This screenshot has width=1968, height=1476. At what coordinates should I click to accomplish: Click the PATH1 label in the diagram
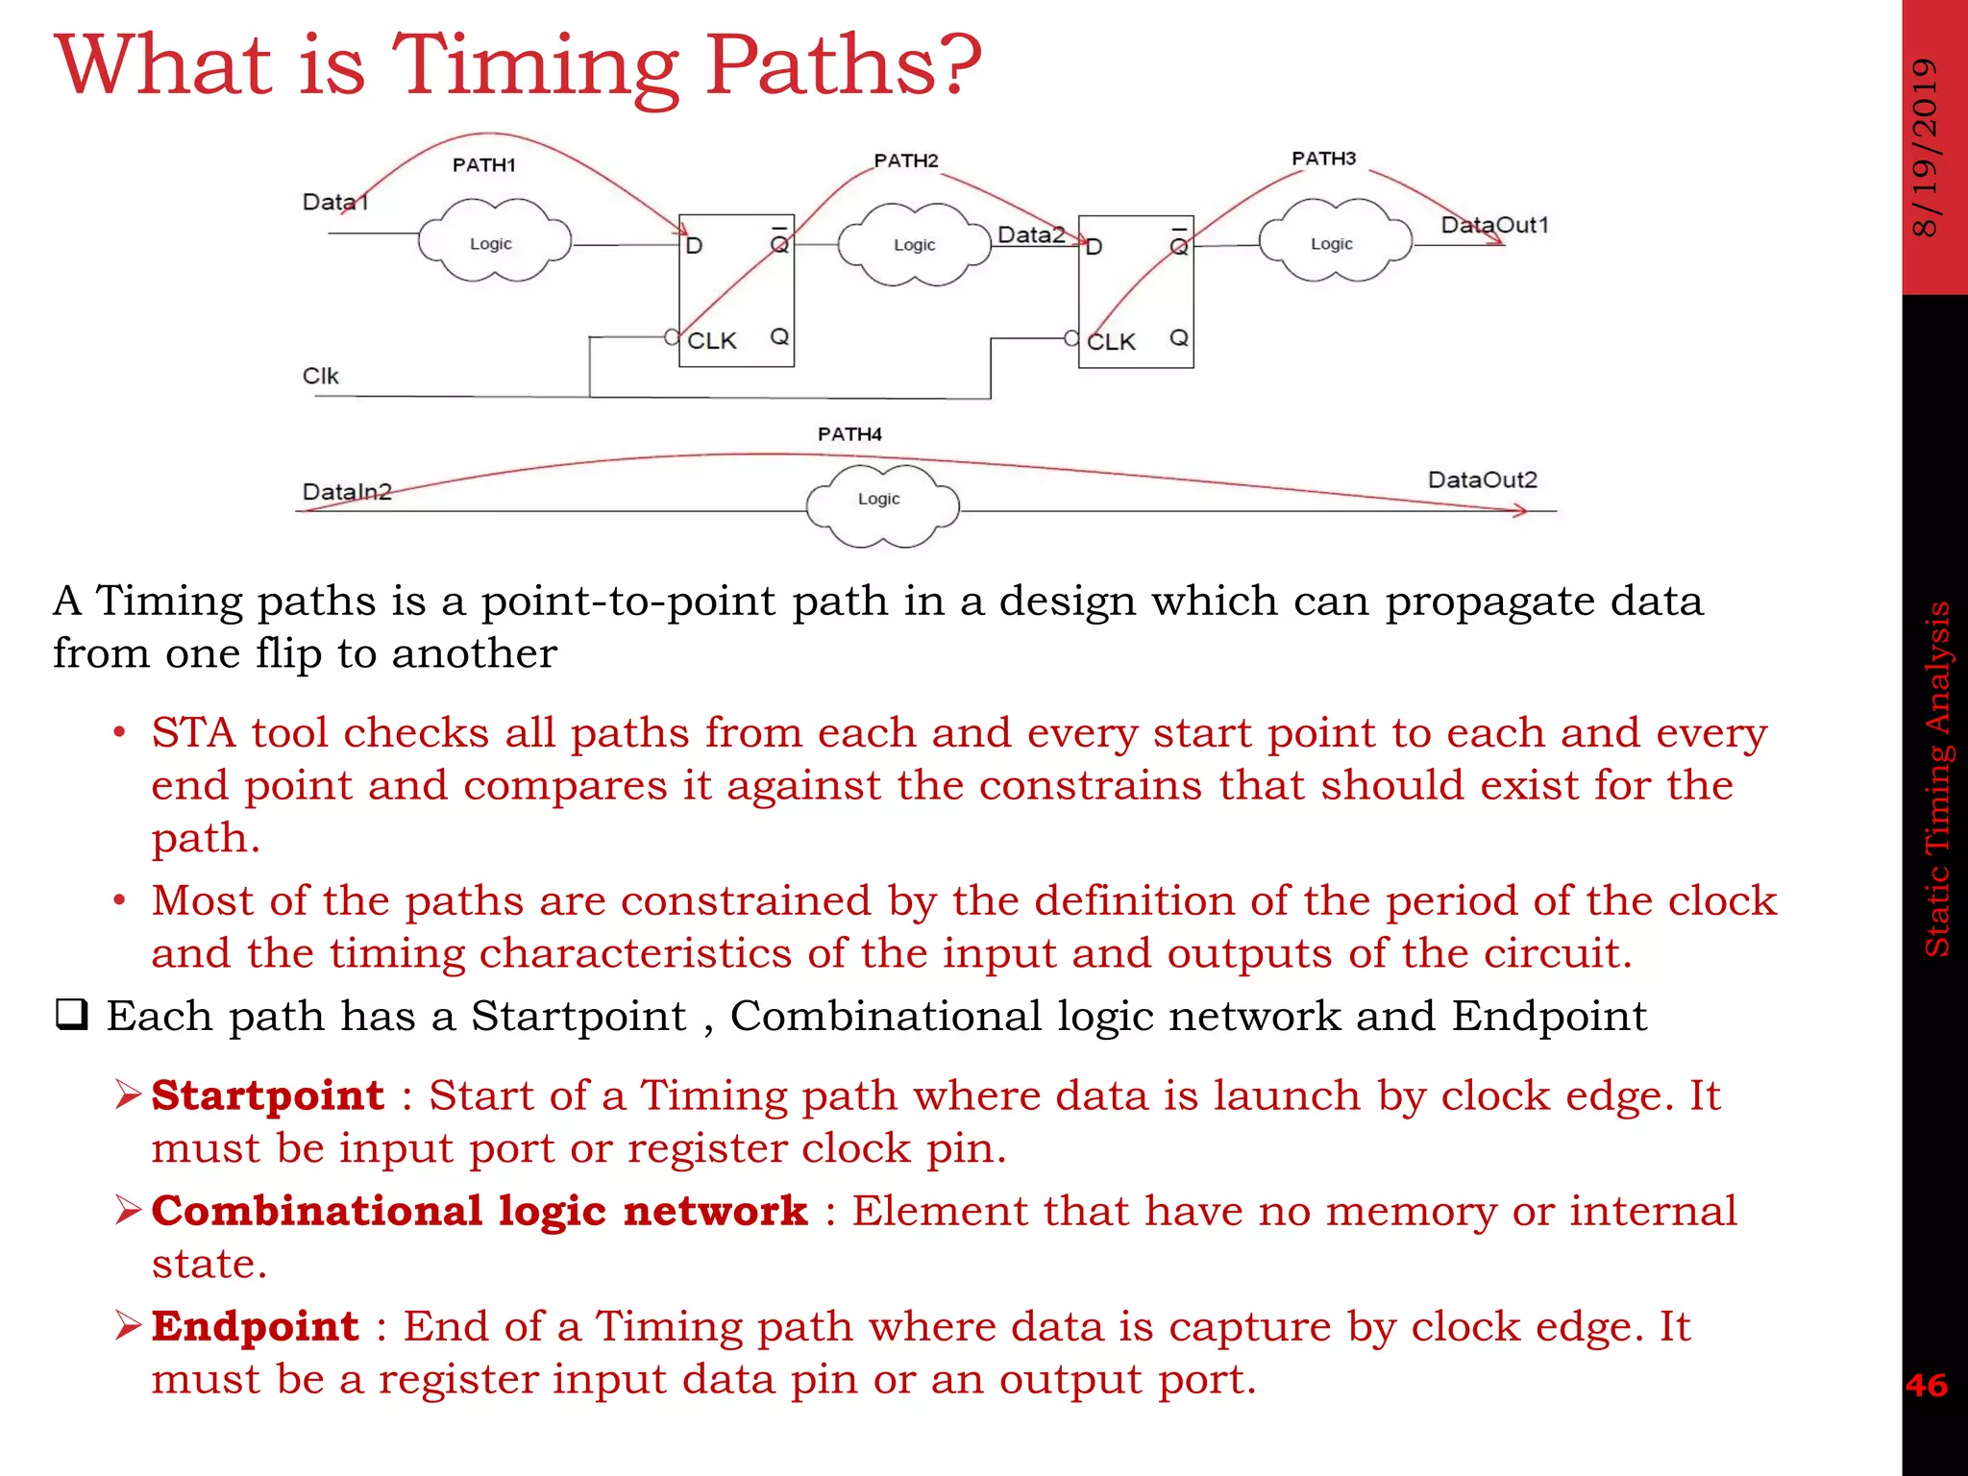click(483, 165)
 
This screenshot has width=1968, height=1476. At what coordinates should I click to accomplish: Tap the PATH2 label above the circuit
click(905, 160)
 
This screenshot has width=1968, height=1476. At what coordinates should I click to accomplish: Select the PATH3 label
click(1323, 159)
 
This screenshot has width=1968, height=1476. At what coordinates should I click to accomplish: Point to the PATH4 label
click(849, 434)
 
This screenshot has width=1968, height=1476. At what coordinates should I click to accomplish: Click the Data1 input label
click(334, 202)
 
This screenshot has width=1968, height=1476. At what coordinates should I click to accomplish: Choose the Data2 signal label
click(1030, 234)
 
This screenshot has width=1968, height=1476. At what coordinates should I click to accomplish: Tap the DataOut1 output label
click(1494, 225)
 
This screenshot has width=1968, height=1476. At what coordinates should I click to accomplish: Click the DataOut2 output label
click(1482, 480)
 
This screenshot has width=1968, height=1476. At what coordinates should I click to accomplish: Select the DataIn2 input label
click(347, 492)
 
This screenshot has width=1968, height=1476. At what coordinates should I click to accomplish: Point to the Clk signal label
click(320, 376)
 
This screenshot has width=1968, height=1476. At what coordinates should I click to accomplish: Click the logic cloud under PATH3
click(1334, 242)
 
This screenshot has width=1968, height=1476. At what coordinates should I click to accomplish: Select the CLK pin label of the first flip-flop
click(711, 341)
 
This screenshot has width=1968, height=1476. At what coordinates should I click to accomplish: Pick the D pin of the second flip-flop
click(1094, 247)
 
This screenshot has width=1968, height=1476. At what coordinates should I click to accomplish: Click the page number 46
click(1926, 1385)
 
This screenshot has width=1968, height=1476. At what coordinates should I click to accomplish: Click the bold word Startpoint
click(267, 1095)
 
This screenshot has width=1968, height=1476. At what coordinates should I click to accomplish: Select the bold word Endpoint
click(255, 1326)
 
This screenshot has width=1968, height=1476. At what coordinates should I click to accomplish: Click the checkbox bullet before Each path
click(72, 1015)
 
